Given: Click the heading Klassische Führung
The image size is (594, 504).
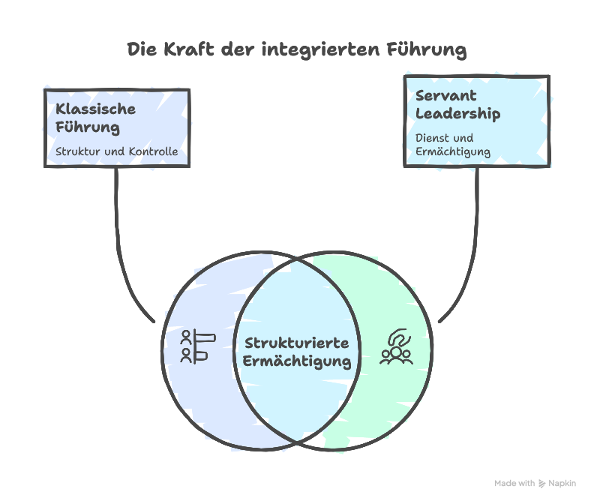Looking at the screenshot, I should tap(95, 118).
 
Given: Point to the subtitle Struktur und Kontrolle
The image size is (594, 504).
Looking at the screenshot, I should tap(116, 151).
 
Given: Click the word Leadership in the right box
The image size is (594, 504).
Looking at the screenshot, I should tap(457, 115).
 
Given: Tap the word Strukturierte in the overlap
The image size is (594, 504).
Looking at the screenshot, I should tap(297, 343).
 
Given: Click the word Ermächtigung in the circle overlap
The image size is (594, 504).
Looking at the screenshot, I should tap(297, 361).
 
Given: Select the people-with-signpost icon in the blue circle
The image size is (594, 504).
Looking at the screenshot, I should tap(197, 346).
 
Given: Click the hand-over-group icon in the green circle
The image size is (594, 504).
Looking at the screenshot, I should tap(395, 346).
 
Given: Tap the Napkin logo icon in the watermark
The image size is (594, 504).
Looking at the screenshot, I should tap(543, 484).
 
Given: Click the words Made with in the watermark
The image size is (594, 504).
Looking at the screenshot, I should tap(514, 484).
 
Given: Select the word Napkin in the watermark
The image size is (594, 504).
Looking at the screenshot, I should tap(562, 484).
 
